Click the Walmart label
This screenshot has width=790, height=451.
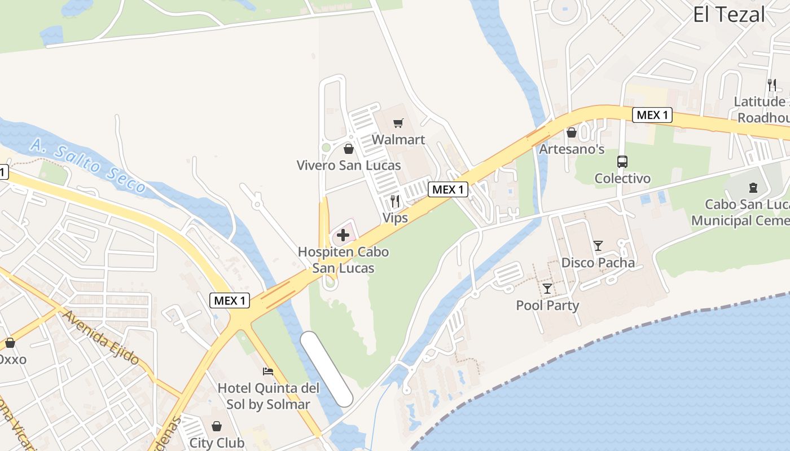pyautogui.click(x=398, y=139)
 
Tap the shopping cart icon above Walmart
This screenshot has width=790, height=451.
pyautogui.click(x=398, y=123)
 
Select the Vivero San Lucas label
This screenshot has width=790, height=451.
pyautogui.click(x=349, y=165)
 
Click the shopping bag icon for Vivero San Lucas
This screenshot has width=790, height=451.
pyautogui.click(x=349, y=149)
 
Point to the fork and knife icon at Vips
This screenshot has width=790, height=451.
pyautogui.click(x=395, y=201)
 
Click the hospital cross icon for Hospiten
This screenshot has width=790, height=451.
pyautogui.click(x=343, y=235)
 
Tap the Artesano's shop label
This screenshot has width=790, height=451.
pyautogui.click(x=572, y=149)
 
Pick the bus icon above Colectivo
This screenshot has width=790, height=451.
pyautogui.click(x=622, y=162)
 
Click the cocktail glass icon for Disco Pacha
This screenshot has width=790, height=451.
pyautogui.click(x=598, y=246)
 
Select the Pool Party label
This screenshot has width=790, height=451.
pyautogui.click(x=547, y=306)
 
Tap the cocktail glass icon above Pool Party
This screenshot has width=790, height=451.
pyautogui.click(x=547, y=289)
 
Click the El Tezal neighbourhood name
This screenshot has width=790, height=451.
pyautogui.click(x=729, y=15)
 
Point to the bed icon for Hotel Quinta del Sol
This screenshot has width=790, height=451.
pyautogui.click(x=268, y=371)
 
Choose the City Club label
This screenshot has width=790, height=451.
pyautogui.click(x=217, y=443)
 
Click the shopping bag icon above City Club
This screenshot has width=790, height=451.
pyautogui.click(x=217, y=426)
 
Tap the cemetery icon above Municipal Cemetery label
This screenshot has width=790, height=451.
pyautogui.click(x=753, y=187)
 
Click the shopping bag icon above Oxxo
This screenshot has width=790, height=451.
pyautogui.click(x=10, y=343)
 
